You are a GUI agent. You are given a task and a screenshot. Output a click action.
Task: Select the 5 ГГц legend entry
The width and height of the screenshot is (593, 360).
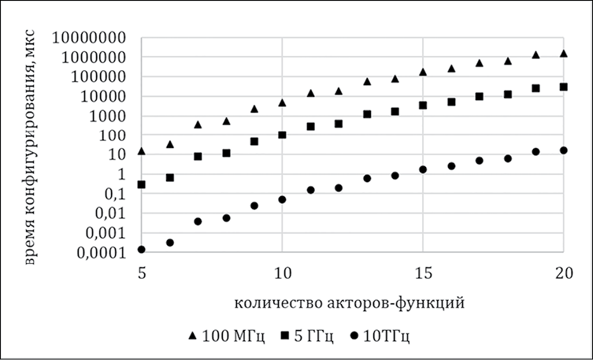pos(307,336)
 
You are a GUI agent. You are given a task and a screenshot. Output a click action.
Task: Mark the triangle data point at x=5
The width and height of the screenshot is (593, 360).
pos(141,150)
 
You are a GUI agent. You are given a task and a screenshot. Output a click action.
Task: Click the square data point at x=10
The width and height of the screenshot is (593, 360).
pos(282,135)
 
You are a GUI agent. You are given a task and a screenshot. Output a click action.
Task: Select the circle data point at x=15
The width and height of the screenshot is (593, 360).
pos(423,169)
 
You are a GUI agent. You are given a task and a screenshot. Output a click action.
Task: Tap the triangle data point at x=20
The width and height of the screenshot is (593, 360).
pos(564,53)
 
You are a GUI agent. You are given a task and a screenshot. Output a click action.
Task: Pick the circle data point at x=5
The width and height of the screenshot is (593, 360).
pos(141,249)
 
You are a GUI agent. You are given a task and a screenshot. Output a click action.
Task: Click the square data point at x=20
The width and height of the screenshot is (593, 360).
pos(564,87)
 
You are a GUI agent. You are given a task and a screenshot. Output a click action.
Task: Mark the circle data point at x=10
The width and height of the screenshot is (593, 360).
pos(282,199)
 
